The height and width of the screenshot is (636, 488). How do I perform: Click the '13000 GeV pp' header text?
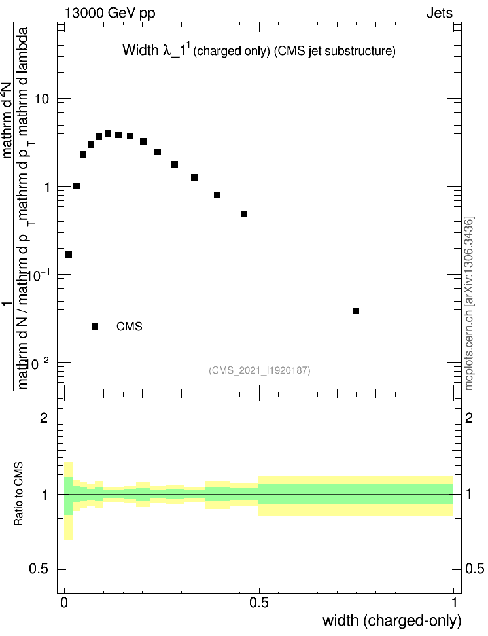110,12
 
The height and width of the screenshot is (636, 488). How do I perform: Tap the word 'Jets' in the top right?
439,12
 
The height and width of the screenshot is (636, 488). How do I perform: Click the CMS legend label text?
129,327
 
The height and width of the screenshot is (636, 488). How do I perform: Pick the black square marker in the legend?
95,327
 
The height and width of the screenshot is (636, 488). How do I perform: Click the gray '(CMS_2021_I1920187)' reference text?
260,371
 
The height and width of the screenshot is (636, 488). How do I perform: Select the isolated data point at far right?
356,311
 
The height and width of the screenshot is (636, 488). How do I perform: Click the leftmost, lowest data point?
69,255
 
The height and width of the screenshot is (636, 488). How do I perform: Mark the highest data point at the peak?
108,133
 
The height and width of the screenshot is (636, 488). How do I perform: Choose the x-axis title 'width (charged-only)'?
392,620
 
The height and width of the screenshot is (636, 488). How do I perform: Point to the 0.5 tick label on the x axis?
258,603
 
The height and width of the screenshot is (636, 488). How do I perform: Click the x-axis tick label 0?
64,603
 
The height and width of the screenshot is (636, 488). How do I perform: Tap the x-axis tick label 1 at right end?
453,603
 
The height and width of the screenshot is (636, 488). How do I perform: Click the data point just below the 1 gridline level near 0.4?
217,195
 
